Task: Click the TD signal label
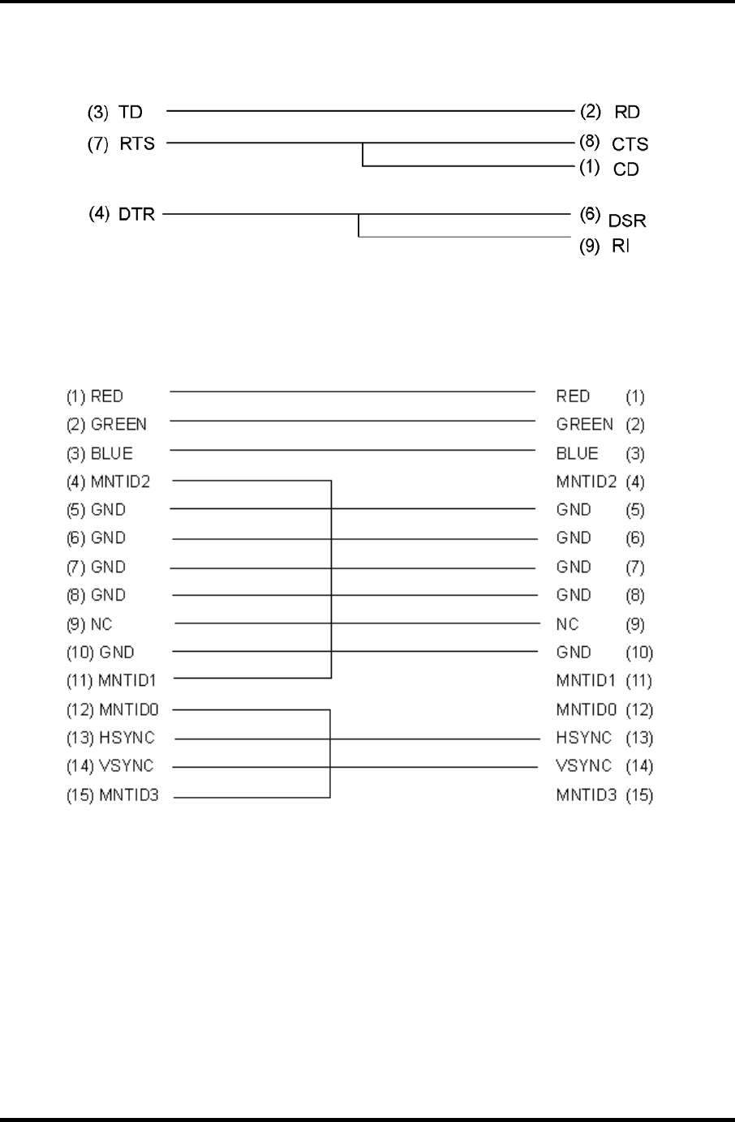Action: pos(131,112)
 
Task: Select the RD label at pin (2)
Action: pos(627,113)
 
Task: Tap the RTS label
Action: pos(137,144)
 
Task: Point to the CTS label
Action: pos(630,145)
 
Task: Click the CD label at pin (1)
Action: pos(626,169)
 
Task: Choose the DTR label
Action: pos(136,216)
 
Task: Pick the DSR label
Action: pos(627,221)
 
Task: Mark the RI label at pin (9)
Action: pos(620,246)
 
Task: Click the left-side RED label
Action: pos(107,396)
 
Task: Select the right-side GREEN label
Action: pos(584,424)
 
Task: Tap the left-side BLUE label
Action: pos(111,453)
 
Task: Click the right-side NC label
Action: pos(567,624)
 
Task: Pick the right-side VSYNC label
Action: pos(583,766)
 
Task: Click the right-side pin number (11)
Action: pos(638,681)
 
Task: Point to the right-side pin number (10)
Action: pos(638,653)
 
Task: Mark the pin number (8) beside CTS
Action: pos(589,143)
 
